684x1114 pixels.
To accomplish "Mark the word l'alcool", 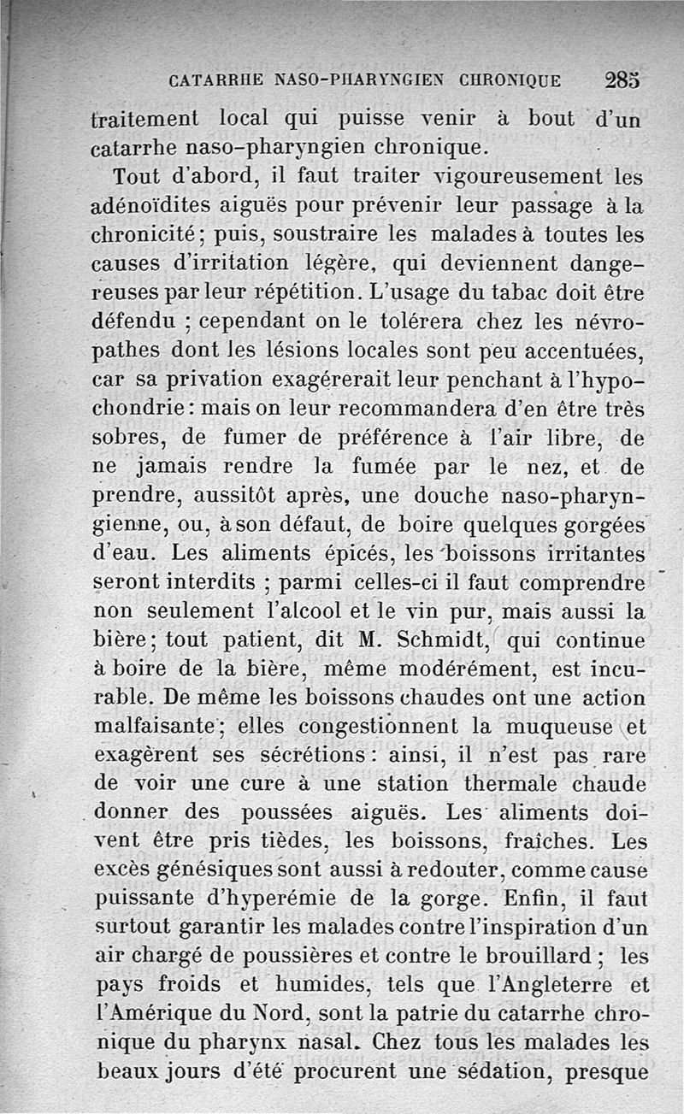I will pos(290,612).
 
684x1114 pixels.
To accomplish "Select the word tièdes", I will pos(274,842).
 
